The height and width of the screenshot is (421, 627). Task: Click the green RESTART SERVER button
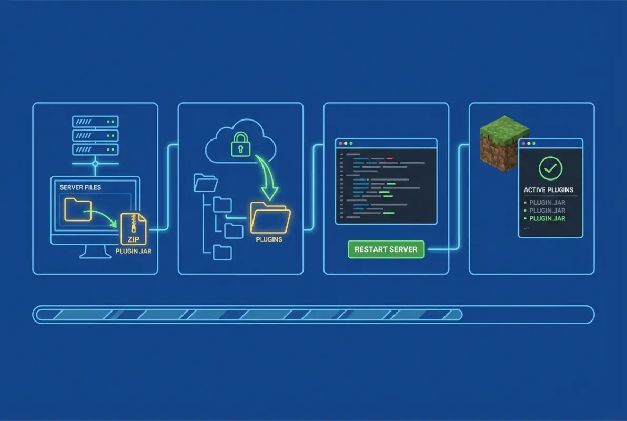(x=386, y=249)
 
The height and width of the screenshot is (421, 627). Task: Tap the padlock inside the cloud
(x=240, y=144)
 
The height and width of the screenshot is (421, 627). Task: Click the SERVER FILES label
(x=80, y=187)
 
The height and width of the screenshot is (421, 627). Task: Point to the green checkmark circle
(x=550, y=168)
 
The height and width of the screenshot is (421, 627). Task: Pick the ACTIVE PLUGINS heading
(x=549, y=190)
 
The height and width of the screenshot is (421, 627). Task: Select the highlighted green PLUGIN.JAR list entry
(x=547, y=218)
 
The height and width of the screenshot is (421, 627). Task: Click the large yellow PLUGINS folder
(x=270, y=217)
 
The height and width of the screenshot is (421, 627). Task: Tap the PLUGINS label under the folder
(x=269, y=239)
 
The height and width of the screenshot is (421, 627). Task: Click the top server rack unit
(x=95, y=122)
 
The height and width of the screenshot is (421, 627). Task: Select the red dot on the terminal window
(x=340, y=143)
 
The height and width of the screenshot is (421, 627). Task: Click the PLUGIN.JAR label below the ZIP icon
(x=133, y=251)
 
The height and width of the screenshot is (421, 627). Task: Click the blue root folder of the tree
(x=206, y=183)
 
